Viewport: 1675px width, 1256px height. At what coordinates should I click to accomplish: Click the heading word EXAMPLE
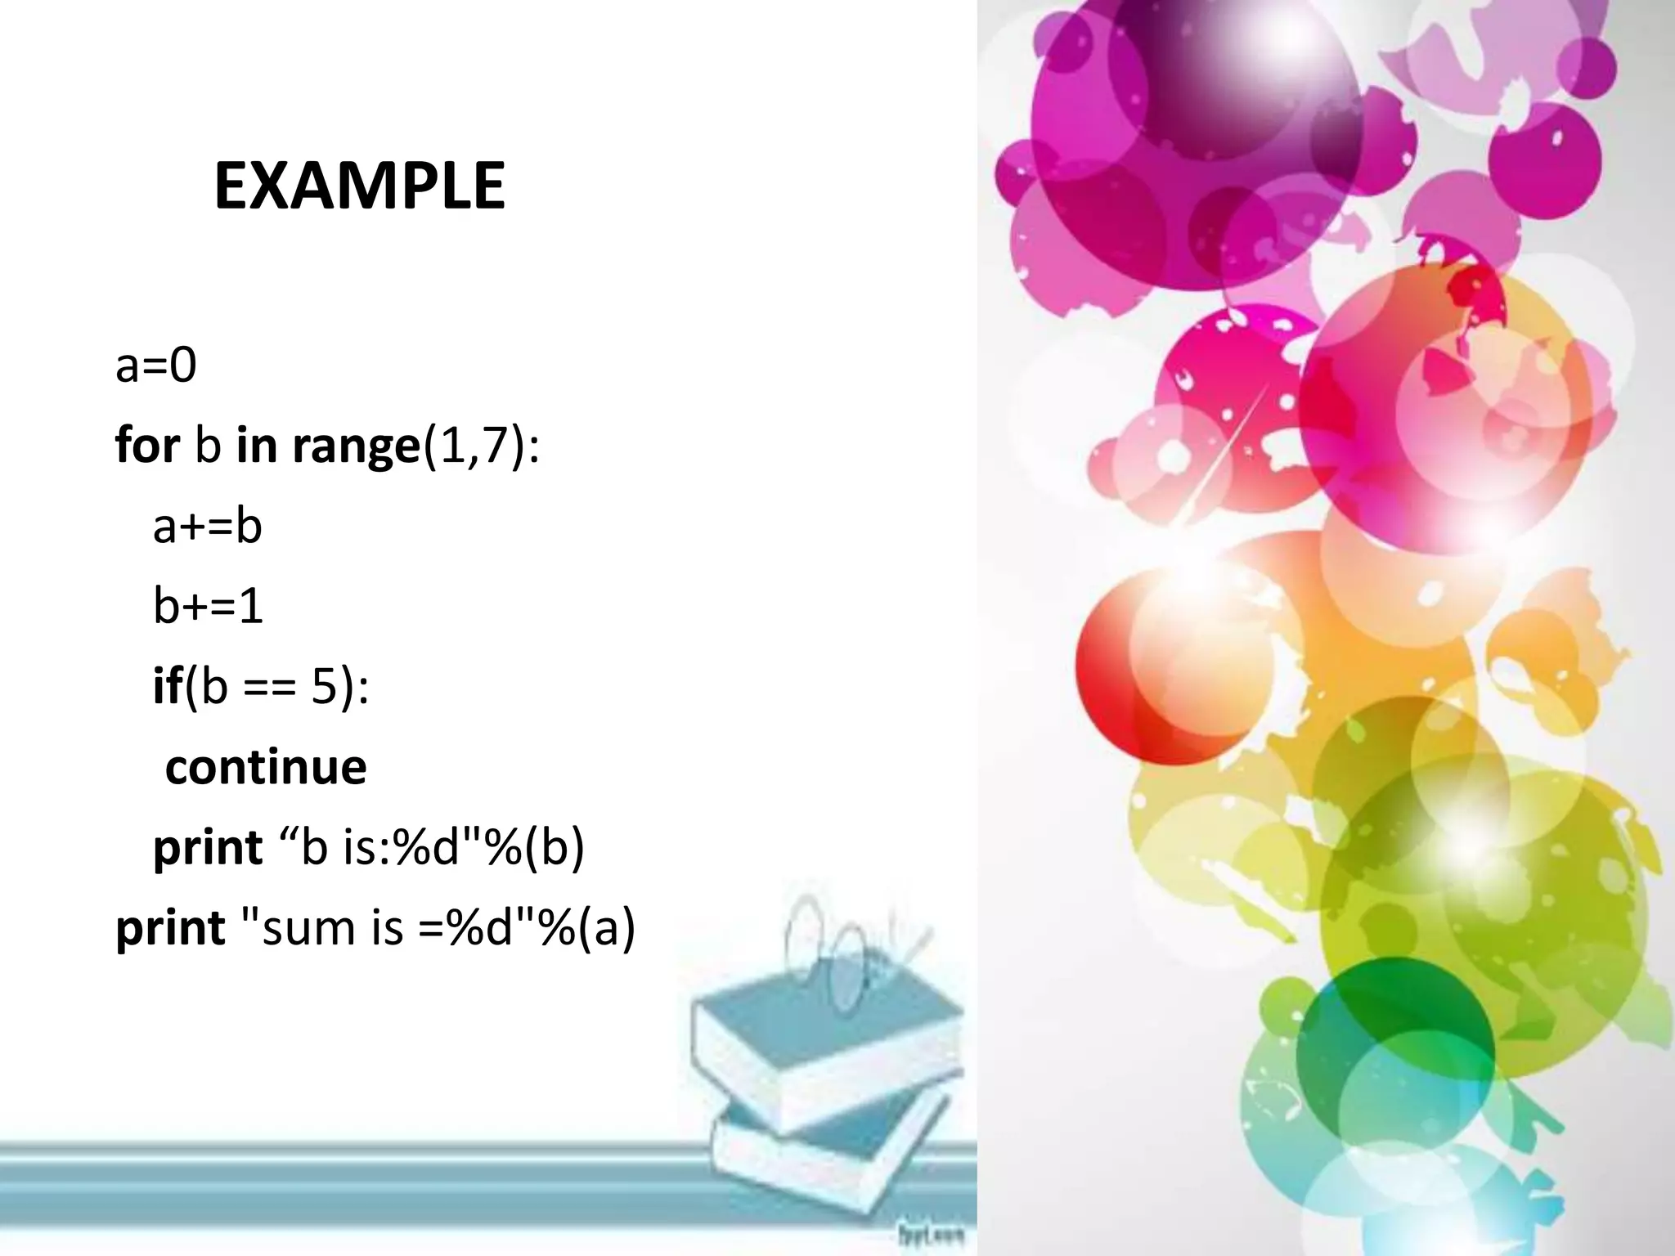click(x=359, y=187)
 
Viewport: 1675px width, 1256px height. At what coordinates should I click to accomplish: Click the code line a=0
click(x=156, y=365)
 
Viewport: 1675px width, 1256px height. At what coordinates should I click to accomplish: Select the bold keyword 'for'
click(x=147, y=445)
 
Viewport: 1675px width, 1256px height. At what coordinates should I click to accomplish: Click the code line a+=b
click(x=208, y=526)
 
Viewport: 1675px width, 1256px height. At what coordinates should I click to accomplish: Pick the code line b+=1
click(x=208, y=606)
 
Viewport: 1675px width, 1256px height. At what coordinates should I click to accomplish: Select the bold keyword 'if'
click(x=167, y=685)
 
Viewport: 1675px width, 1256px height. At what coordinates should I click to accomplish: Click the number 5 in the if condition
click(x=324, y=686)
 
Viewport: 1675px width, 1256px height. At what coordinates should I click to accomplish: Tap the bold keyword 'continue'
click(x=266, y=767)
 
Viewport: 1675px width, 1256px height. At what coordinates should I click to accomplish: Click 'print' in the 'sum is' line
click(x=170, y=928)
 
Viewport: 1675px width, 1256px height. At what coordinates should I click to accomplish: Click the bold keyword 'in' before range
click(x=256, y=445)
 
